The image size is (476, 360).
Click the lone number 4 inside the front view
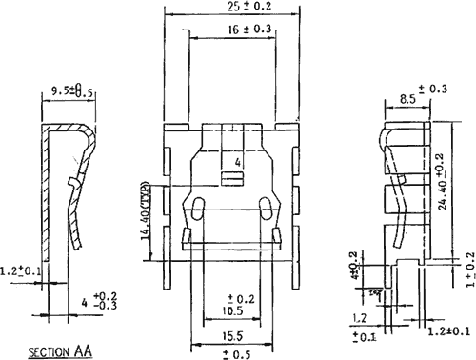pyautogui.click(x=239, y=163)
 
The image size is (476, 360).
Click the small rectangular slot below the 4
pyautogui.click(x=229, y=179)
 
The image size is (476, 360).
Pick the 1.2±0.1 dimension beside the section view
pyautogui.click(x=20, y=271)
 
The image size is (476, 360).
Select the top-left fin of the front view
pyautogui.click(x=174, y=139)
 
